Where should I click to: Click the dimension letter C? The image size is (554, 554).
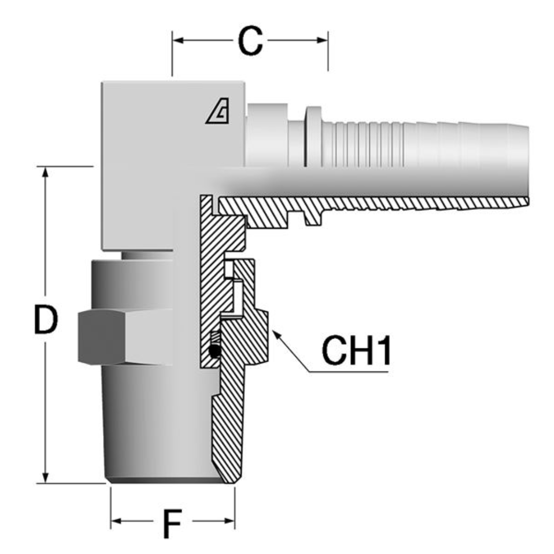250,41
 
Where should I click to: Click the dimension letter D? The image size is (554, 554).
46,320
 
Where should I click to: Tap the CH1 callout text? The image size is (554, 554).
357,351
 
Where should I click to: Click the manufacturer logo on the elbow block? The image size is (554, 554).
217,112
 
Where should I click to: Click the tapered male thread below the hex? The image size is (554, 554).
154,421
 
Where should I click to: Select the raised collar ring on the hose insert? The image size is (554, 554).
313,136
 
